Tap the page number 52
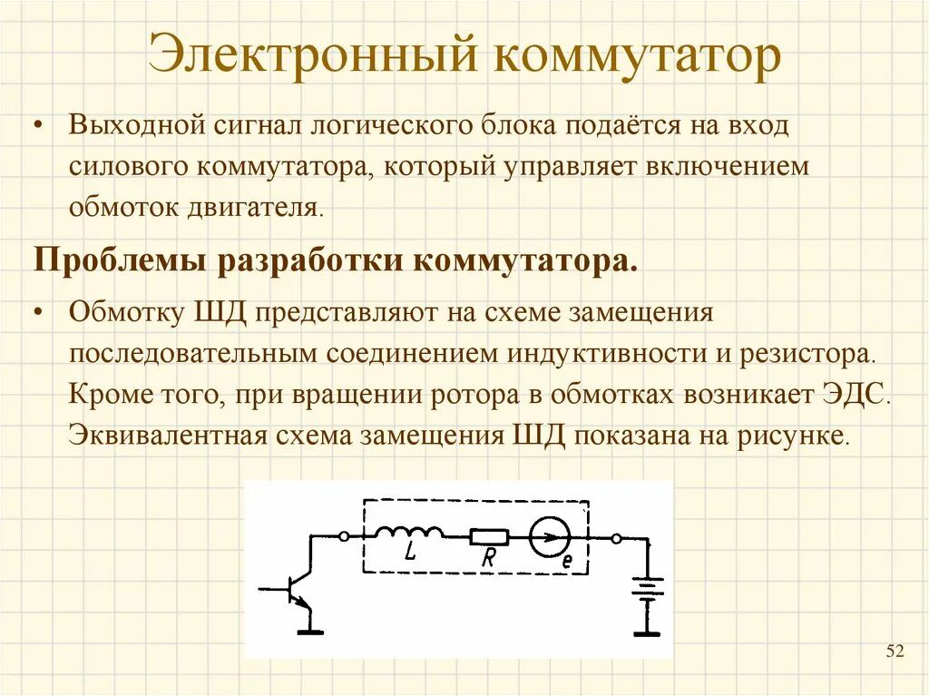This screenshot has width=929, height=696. (x=895, y=651)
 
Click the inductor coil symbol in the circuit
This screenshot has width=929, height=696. (x=409, y=533)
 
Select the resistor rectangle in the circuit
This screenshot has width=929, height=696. (x=489, y=537)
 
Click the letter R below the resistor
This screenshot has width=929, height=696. (x=488, y=559)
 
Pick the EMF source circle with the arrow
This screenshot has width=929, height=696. (x=549, y=538)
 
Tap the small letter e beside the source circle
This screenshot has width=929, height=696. (x=567, y=561)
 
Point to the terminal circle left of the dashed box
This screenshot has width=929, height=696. (x=344, y=536)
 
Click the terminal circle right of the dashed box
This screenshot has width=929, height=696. (x=616, y=538)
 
